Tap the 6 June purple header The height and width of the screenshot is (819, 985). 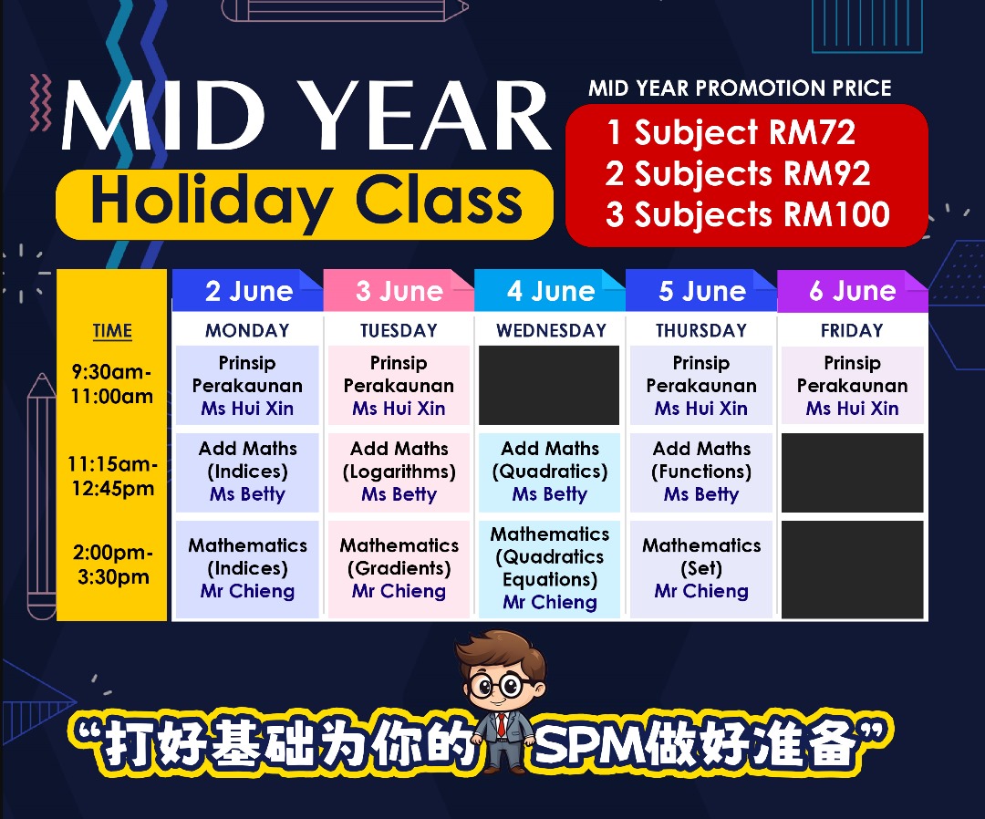pyautogui.click(x=853, y=290)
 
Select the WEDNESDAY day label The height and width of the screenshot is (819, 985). pyautogui.click(x=551, y=330)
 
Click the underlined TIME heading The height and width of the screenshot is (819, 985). pyautogui.click(x=112, y=331)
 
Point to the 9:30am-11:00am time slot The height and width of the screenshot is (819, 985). pyautogui.click(x=112, y=384)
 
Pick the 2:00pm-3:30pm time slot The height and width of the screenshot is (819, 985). pyautogui.click(x=112, y=565)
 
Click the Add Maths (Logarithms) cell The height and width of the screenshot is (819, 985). pyautogui.click(x=399, y=472)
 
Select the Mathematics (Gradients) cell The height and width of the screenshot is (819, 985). pyautogui.click(x=399, y=569)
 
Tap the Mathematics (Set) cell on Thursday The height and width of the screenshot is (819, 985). pyautogui.click(x=701, y=569)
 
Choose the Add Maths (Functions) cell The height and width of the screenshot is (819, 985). pyautogui.click(x=701, y=472)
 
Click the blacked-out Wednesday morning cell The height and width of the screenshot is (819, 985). pyautogui.click(x=549, y=385)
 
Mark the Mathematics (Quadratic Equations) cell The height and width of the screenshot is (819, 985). pyautogui.click(x=550, y=569)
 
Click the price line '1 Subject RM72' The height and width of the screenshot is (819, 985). pyautogui.click(x=731, y=132)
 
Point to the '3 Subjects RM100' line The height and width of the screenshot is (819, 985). pyautogui.click(x=748, y=215)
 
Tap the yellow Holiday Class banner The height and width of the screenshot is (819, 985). pyautogui.click(x=305, y=203)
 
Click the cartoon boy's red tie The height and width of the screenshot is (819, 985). pyautogui.click(x=502, y=725)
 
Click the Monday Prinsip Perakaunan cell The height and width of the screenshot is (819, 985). pyautogui.click(x=247, y=385)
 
